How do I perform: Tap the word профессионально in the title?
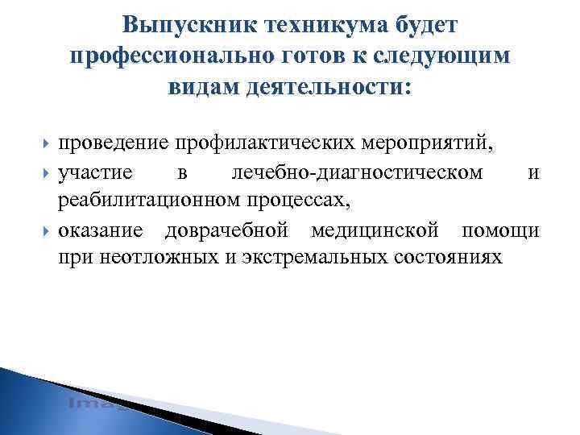[x=180, y=55]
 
